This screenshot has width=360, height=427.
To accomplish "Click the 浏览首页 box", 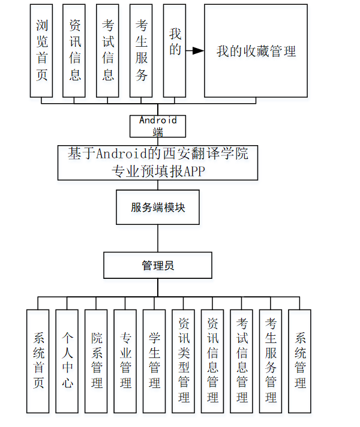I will (x=41, y=51).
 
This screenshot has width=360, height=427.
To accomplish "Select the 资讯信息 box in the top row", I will (x=74, y=51).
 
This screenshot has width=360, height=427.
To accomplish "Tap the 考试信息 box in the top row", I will (x=108, y=51).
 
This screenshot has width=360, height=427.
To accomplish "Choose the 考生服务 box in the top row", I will (x=141, y=51).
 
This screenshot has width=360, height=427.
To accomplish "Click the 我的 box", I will (x=175, y=51).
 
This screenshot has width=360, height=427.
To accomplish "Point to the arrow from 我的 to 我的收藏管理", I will (x=195, y=51).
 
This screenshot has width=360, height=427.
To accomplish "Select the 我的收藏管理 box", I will (x=256, y=51).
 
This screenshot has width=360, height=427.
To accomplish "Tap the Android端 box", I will (x=158, y=126).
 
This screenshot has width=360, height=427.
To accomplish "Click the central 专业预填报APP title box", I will (x=158, y=162).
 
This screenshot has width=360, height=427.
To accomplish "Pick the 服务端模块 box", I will (x=158, y=208).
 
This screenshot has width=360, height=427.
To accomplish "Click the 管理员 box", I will (x=158, y=265).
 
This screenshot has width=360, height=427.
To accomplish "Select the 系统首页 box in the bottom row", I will (x=38, y=361).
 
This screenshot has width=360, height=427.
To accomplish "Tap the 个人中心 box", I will (x=67, y=361).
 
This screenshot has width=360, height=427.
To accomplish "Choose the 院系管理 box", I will (x=96, y=361).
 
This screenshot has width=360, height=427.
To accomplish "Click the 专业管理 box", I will (x=125, y=361).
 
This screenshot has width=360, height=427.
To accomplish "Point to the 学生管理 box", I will (x=154, y=361).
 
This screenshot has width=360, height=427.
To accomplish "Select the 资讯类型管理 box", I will (x=184, y=361).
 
